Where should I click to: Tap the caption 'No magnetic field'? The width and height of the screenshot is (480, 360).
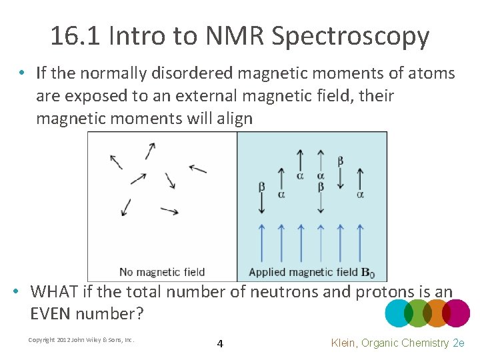(162, 272)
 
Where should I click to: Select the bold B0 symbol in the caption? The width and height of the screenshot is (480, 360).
(367, 272)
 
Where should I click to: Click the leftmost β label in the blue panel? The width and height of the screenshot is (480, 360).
(261, 186)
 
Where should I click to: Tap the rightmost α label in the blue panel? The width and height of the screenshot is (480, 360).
(360, 195)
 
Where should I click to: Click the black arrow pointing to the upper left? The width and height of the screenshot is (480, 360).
(116, 161)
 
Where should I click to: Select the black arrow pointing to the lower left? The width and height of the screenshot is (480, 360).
(125, 207)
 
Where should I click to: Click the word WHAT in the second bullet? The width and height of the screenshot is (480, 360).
(54, 292)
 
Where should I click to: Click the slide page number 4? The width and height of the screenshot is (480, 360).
(220, 344)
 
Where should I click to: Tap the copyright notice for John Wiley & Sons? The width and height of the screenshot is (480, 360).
(81, 340)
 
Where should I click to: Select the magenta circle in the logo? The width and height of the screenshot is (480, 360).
(457, 313)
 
